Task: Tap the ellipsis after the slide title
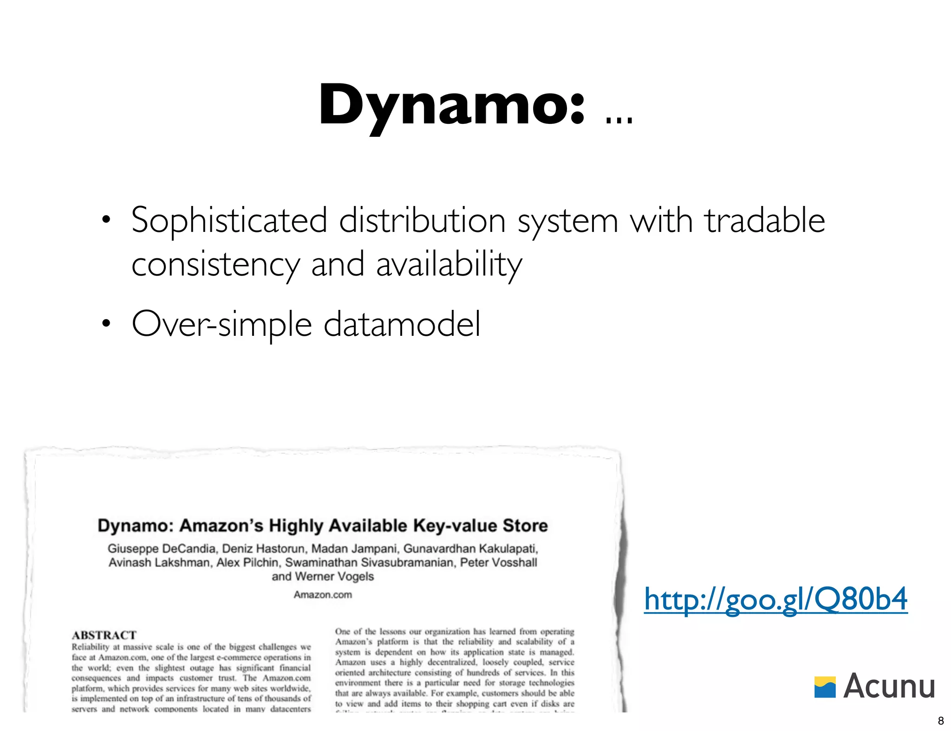click(619, 120)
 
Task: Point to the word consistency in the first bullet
click(215, 264)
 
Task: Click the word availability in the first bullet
click(449, 264)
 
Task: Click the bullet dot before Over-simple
click(106, 324)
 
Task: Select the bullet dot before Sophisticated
click(106, 220)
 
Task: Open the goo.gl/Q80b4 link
click(775, 599)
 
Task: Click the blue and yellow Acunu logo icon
click(825, 687)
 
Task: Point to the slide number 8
click(941, 720)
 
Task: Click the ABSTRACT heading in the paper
click(104, 635)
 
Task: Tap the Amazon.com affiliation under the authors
click(323, 595)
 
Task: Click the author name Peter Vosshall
click(498, 563)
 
